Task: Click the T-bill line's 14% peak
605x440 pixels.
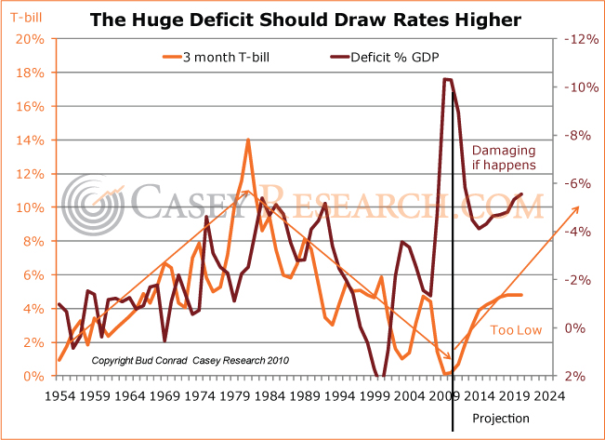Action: point(248,140)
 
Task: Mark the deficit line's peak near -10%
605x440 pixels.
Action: point(447,80)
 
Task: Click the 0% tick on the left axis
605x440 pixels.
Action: point(33,376)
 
